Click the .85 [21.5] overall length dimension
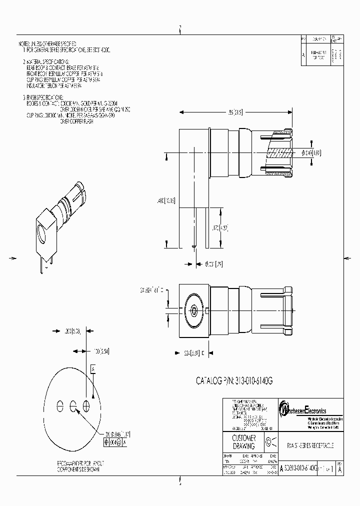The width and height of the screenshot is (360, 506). [234, 113]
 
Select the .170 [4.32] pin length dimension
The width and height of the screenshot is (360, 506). [220, 228]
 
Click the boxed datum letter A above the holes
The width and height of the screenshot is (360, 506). [93, 368]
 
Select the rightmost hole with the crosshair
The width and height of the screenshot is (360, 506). [86, 405]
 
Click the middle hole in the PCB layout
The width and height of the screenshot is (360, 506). [73, 405]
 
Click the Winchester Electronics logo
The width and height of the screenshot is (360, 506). [310, 409]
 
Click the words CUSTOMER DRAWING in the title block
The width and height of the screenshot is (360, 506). [244, 441]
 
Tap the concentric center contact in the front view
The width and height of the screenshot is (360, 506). [193, 310]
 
